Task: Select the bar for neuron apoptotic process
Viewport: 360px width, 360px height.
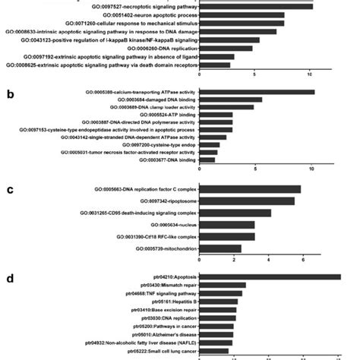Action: (x=242, y=15)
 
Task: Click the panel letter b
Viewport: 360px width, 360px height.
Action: (x=10, y=95)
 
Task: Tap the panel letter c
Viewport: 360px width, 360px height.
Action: (x=9, y=190)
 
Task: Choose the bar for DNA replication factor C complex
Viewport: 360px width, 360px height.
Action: (x=250, y=189)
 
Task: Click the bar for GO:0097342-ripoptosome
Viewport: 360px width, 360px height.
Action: (x=247, y=201)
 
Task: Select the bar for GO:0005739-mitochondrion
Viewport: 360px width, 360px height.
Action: (x=220, y=248)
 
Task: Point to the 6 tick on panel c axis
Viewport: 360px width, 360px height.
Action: (x=302, y=261)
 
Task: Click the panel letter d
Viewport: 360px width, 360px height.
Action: (x=9, y=279)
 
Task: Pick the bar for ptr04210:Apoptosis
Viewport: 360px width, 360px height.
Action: (x=270, y=277)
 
